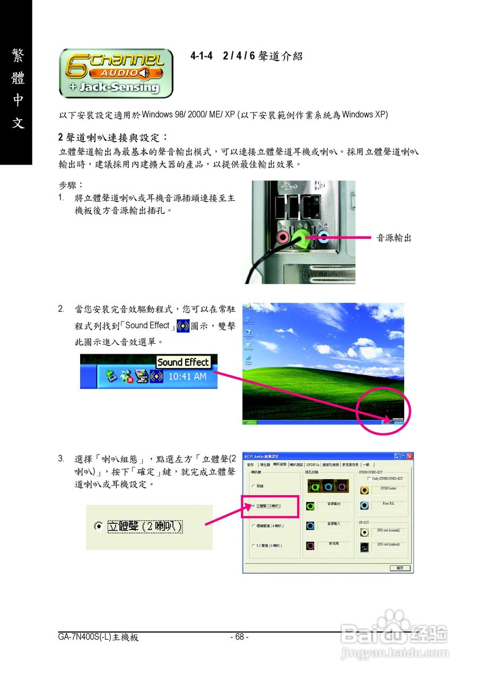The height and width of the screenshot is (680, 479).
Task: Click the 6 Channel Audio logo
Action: tap(116, 73)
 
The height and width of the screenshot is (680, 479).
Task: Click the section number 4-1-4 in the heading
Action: tap(202, 56)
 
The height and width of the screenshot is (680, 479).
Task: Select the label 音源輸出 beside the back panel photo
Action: tap(394, 238)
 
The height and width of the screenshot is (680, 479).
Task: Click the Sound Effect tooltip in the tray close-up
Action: tap(184, 362)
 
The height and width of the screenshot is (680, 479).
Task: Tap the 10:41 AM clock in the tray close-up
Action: tap(187, 376)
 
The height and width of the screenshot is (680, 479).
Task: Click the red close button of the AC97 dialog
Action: tap(409, 456)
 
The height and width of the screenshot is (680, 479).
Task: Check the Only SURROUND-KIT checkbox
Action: tap(369, 478)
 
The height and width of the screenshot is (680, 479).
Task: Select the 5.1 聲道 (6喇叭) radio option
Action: tap(254, 546)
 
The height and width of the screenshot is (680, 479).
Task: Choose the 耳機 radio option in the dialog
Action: tap(254, 486)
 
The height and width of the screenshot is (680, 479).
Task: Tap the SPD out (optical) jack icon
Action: tap(364, 547)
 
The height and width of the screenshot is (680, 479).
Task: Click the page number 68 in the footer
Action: tap(239, 637)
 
